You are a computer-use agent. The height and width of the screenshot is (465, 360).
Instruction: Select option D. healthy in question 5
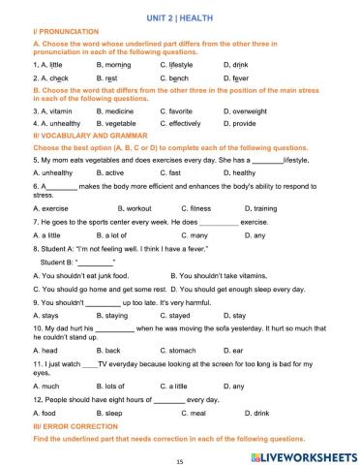coord(242,172)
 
